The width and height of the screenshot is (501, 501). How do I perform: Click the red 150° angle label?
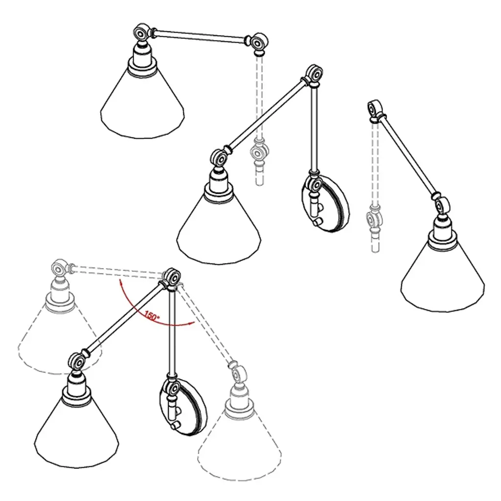[152, 316]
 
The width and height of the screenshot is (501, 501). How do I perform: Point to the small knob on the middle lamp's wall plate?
[317, 222]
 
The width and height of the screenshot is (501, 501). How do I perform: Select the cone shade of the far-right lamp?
[443, 277]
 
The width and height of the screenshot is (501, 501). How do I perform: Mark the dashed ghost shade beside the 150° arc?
[60, 339]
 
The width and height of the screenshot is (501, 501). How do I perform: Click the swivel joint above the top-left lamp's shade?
[141, 32]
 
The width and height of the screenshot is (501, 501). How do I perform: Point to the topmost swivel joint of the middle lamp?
[315, 74]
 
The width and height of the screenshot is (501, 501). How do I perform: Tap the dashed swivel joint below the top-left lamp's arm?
[258, 152]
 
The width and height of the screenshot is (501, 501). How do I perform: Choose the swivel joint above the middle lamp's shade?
[219, 158]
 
